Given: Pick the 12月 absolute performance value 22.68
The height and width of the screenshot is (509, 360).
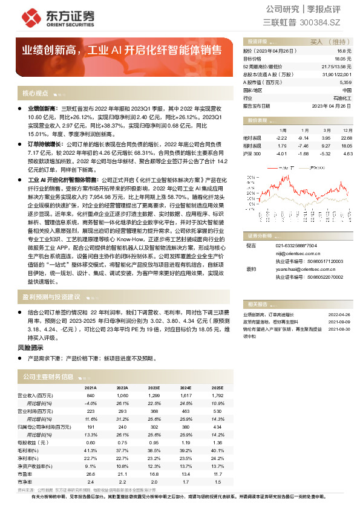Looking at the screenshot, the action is click(x=346, y=137).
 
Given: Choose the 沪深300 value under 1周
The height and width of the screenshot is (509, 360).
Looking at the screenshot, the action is click(x=282, y=154).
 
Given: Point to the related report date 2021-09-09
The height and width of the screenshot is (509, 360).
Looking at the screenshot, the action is click(x=339, y=322).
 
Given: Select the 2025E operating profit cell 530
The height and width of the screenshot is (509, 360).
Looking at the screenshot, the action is click(x=216, y=410).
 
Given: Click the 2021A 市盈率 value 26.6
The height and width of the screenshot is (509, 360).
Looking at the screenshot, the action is click(x=91, y=473).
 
